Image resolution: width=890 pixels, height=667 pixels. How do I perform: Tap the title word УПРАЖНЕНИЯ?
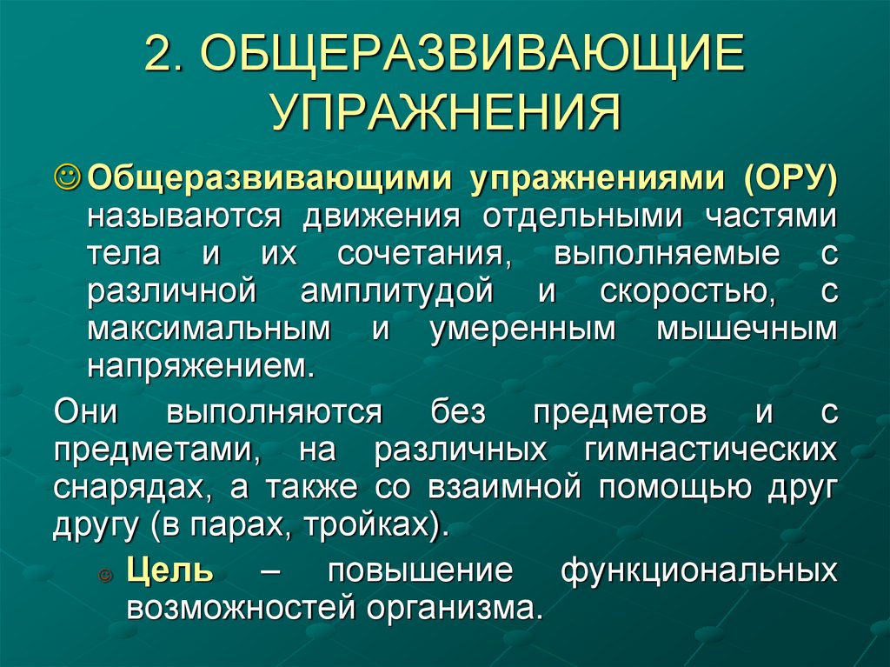[x=444, y=110]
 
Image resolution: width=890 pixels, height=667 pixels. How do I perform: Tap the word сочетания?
[x=422, y=254]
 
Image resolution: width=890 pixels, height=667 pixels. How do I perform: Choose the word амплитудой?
[x=397, y=292]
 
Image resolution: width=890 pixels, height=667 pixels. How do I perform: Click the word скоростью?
[x=687, y=292]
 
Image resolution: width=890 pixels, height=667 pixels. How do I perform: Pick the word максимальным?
[x=208, y=330]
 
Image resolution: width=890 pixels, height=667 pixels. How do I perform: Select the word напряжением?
[x=198, y=366]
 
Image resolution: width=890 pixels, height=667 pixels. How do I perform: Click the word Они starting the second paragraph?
[x=85, y=411]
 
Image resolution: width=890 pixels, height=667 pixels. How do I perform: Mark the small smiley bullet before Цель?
[x=106, y=574]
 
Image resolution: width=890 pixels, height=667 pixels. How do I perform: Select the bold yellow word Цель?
[x=169, y=570]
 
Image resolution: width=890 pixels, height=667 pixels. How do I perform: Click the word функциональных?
[x=700, y=570]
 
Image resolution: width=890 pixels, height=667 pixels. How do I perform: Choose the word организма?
[x=453, y=607]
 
